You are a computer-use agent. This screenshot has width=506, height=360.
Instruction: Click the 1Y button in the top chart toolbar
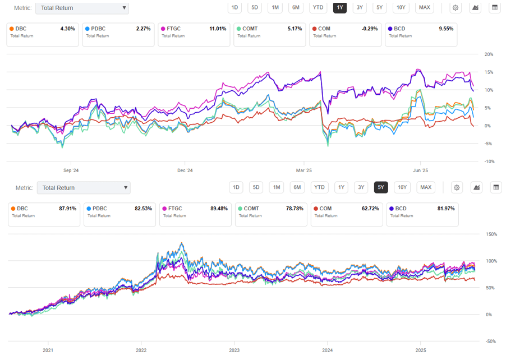339,7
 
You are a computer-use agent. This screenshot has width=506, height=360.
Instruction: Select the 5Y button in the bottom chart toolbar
381,187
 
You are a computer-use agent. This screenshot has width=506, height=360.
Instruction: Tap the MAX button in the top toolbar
424,7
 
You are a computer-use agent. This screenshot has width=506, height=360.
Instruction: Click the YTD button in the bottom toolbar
319,187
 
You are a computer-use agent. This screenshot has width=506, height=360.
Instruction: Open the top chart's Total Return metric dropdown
82,8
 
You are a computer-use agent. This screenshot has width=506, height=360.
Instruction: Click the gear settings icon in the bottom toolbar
457,187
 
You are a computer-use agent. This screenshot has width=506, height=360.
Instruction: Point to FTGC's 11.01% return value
215,28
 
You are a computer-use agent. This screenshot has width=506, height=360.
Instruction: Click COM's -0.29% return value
367,28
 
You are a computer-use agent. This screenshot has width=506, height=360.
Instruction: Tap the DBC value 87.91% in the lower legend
67,209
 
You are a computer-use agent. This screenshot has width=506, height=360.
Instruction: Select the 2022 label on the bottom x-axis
141,350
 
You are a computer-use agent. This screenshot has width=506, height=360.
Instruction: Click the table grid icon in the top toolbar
494,7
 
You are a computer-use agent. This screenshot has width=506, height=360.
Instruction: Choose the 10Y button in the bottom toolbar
402,187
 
